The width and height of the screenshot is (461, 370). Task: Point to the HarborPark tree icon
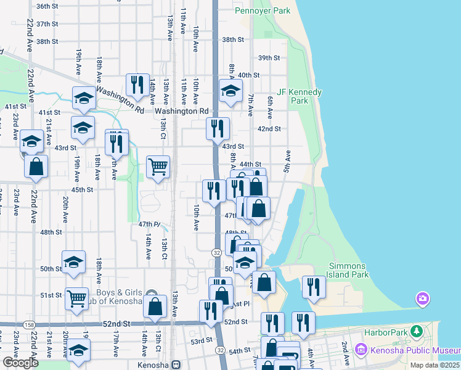tap(417, 332)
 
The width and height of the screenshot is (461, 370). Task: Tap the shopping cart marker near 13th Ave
tap(158, 166)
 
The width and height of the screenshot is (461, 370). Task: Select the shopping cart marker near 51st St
tap(76, 299)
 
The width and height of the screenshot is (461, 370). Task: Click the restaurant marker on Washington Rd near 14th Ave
tap(137, 84)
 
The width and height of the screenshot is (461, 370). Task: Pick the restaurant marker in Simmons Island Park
tap(314, 286)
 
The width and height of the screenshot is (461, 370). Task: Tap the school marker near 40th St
tap(230, 91)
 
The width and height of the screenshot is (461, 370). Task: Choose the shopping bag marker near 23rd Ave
tap(36, 166)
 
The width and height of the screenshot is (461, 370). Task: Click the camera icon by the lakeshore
tap(422, 300)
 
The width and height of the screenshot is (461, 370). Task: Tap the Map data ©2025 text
tap(434, 365)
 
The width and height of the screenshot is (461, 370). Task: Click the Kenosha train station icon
tap(176, 364)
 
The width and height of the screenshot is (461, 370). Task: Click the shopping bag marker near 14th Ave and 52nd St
tap(155, 305)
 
